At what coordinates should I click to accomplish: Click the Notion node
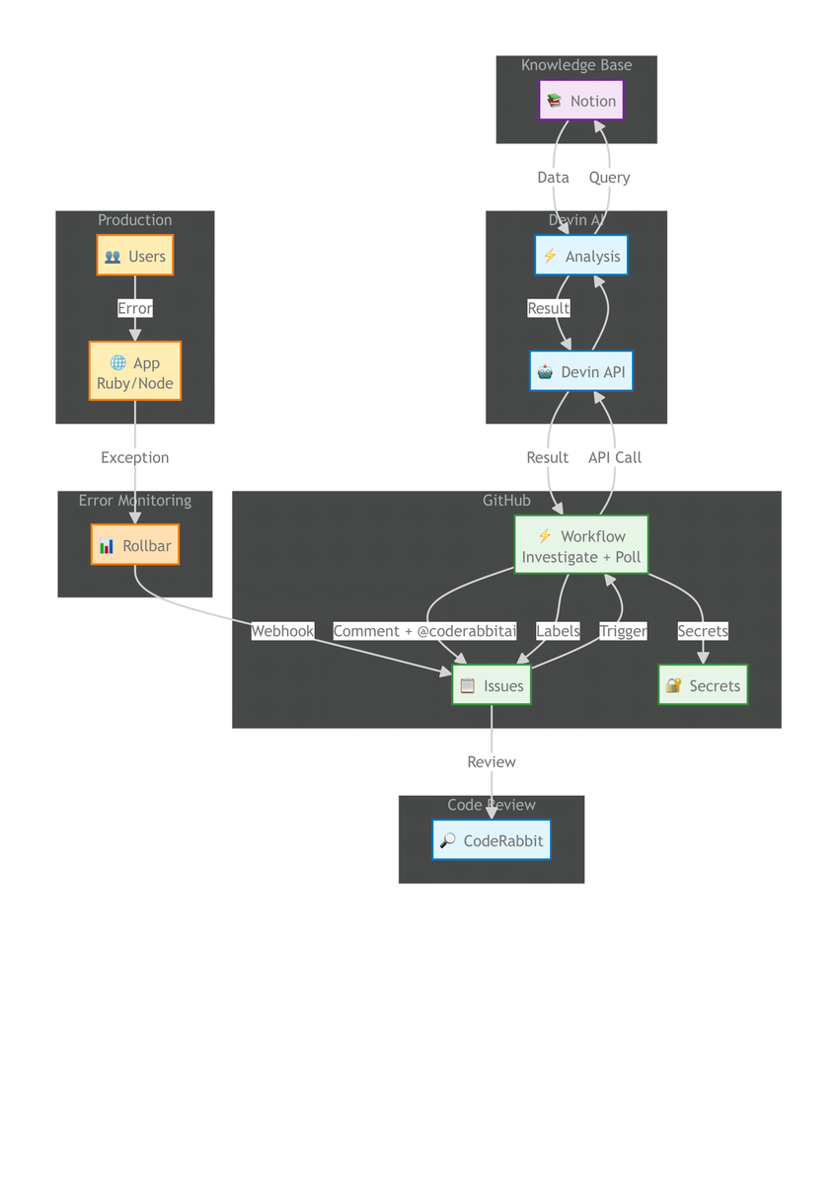coord(581,101)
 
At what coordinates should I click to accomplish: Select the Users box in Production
coord(135,256)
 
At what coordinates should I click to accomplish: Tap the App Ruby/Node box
coord(135,373)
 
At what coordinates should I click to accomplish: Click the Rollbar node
coord(135,546)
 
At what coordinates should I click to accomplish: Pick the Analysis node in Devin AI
coord(580,256)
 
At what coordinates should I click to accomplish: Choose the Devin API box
coord(580,372)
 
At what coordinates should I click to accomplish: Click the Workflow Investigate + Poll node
coord(581,546)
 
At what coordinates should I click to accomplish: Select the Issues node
coord(492,685)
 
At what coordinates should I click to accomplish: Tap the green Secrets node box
coord(703,685)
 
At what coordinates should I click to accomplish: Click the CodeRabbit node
coord(492,840)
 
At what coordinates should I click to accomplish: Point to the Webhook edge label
coord(282,631)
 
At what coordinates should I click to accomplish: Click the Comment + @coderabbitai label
coord(424,631)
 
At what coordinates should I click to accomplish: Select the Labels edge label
coord(558,631)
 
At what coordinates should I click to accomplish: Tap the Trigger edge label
coord(623,631)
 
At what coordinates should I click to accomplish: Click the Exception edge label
coord(135,457)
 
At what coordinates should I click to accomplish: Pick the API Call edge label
coord(615,457)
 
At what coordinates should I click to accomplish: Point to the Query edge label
coord(609,178)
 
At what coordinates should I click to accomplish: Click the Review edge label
coord(492,761)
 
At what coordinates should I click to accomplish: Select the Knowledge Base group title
coord(576,65)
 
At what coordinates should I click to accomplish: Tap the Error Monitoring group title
coord(135,501)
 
